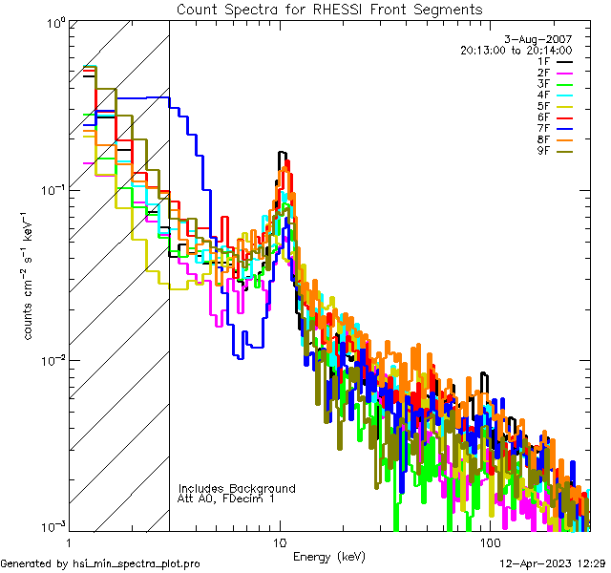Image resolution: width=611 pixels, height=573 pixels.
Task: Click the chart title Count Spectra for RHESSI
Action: (329, 9)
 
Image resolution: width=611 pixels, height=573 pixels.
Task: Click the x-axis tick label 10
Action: (279, 541)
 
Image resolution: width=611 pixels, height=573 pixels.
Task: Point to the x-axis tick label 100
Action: (490, 541)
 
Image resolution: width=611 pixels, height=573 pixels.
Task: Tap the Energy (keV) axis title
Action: (329, 556)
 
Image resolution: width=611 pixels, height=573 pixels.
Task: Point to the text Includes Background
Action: (237, 488)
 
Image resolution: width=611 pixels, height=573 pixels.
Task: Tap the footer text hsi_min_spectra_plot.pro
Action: (137, 564)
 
